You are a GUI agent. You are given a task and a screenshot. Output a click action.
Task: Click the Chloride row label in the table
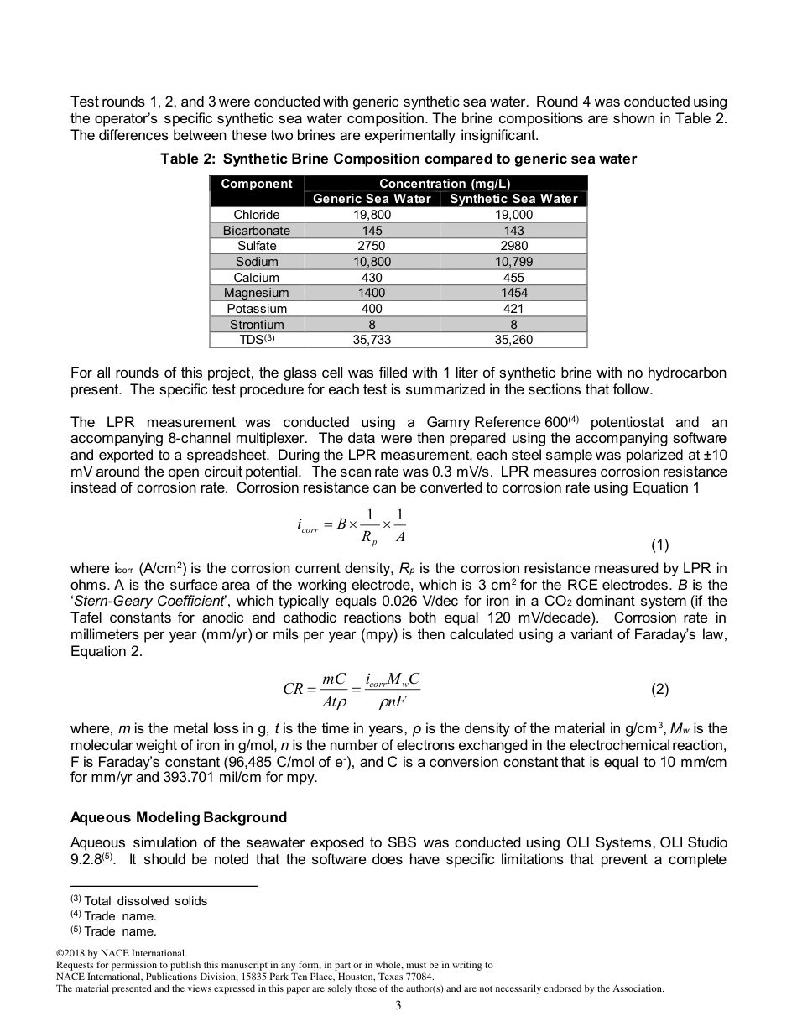[256, 215]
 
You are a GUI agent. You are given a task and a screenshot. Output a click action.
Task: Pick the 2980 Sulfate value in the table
[513, 246]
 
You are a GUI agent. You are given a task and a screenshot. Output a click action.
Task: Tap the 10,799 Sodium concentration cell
[513, 262]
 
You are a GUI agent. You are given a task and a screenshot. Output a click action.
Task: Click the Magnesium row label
[256, 293]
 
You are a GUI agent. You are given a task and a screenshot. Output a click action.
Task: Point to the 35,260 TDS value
[513, 340]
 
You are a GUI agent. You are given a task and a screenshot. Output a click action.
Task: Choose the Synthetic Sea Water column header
[513, 199]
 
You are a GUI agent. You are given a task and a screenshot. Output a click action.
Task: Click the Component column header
[256, 184]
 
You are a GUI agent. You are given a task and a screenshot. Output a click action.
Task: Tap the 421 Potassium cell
[513, 309]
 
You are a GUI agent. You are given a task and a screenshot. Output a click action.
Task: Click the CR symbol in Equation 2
[294, 690]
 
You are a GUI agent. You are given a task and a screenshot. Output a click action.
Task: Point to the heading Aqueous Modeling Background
[179, 817]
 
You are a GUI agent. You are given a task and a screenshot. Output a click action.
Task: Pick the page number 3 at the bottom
[398, 1007]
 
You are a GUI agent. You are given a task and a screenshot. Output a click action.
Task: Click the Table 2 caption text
[398, 159]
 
